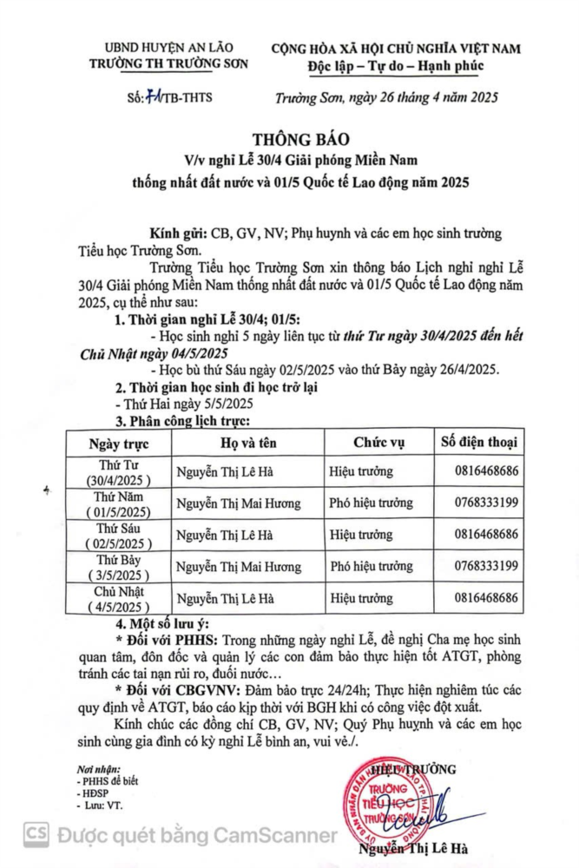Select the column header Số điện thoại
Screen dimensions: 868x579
point(479,442)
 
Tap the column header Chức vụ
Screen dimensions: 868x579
point(378,443)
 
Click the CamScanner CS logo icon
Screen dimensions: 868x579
point(36,835)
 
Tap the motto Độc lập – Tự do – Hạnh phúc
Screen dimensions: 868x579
point(395,66)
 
